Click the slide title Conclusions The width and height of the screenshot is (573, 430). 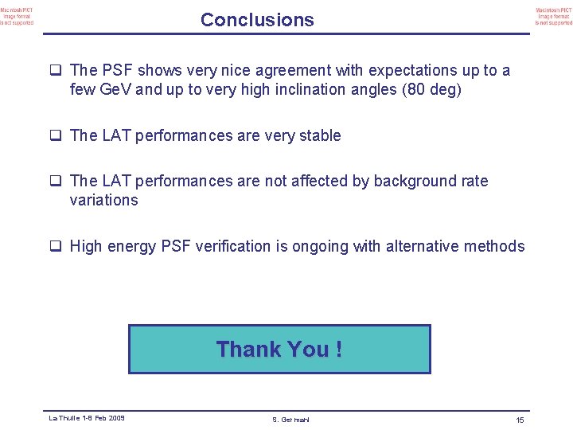[x=257, y=20]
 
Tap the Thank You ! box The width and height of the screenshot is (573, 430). [x=279, y=349]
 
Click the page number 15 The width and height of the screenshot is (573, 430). [x=519, y=420]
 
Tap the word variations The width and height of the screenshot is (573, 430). [x=103, y=200]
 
